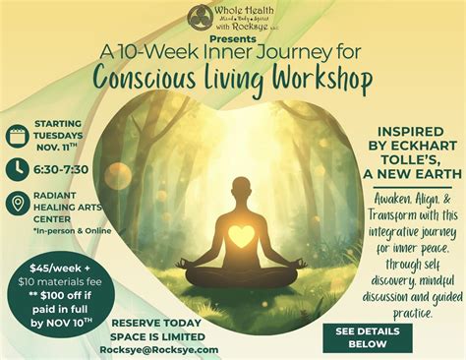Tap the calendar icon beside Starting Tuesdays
(17, 136)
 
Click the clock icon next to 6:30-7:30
(17, 169)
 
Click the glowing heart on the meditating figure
(241, 236)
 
